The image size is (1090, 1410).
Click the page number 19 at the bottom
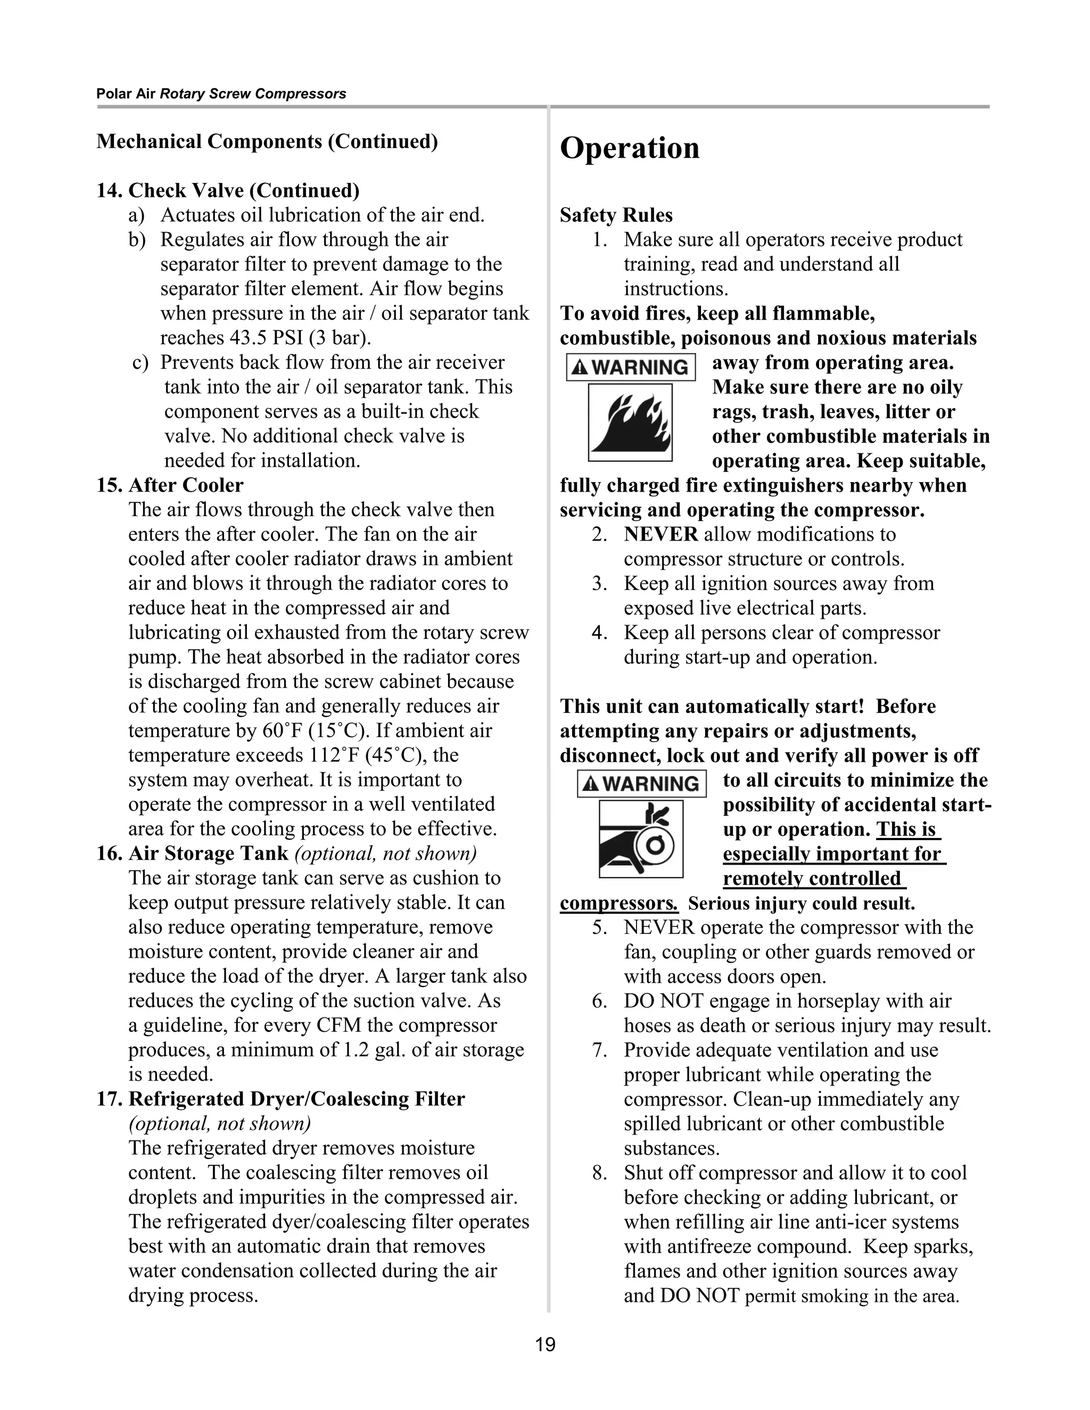tap(545, 1345)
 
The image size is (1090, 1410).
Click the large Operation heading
tap(630, 148)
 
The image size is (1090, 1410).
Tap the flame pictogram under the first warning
tap(630, 422)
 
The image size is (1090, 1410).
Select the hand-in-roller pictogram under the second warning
tap(641, 839)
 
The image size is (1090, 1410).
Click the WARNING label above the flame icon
tap(631, 367)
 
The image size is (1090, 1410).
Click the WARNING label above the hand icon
tap(641, 784)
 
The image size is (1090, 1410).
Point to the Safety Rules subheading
tap(616, 215)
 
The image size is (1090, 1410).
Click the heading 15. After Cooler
tap(170, 485)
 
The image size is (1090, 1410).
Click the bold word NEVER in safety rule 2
tap(660, 535)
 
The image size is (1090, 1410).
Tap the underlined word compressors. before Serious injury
tap(618, 903)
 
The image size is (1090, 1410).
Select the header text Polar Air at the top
tap(126, 94)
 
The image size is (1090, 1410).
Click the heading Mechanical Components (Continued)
tap(267, 142)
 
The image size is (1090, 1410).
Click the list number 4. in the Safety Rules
tap(599, 633)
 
